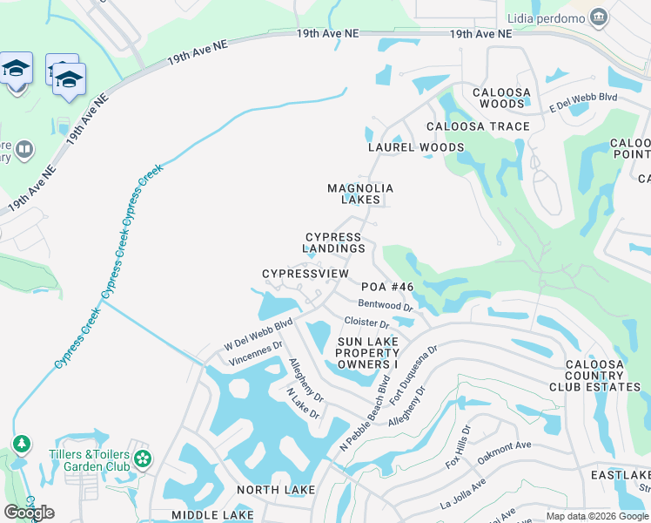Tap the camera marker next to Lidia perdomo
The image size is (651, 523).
point(598,17)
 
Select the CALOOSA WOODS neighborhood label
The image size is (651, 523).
point(499,98)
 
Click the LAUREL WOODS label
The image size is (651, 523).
point(416,147)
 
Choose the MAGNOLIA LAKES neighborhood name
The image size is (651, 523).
point(360,194)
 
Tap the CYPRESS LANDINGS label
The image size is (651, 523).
point(334,242)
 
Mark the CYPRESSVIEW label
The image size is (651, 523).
point(305,274)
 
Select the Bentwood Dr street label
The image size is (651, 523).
point(385,306)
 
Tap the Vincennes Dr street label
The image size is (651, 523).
point(255,353)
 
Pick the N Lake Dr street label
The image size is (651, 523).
point(304,404)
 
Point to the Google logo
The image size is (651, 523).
point(30,513)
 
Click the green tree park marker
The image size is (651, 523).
point(21,445)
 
